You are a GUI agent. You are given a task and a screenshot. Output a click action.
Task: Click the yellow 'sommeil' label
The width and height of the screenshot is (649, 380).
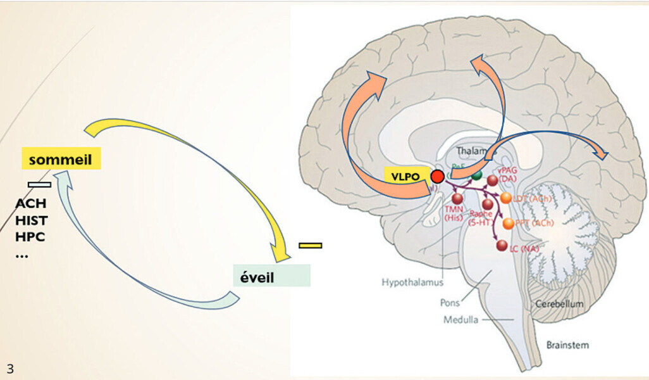click(x=61, y=159)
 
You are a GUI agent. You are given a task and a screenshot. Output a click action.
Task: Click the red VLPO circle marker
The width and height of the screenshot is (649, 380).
click(x=437, y=177)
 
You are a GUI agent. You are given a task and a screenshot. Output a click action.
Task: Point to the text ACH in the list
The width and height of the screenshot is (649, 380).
click(x=31, y=204)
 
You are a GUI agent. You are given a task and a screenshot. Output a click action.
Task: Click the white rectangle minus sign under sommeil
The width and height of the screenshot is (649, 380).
click(x=39, y=184)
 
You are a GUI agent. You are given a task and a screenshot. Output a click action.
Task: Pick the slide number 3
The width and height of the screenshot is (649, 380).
click(x=10, y=368)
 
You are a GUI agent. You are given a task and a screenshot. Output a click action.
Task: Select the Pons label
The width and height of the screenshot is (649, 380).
click(x=450, y=303)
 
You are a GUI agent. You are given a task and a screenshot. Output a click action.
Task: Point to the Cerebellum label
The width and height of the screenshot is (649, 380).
click(x=559, y=305)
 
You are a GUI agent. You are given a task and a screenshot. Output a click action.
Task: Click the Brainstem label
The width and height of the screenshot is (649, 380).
click(x=567, y=345)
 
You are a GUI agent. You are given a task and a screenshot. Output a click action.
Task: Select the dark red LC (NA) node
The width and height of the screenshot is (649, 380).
click(x=503, y=246)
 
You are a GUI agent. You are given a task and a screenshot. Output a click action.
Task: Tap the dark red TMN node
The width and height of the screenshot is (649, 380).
click(x=457, y=199)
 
